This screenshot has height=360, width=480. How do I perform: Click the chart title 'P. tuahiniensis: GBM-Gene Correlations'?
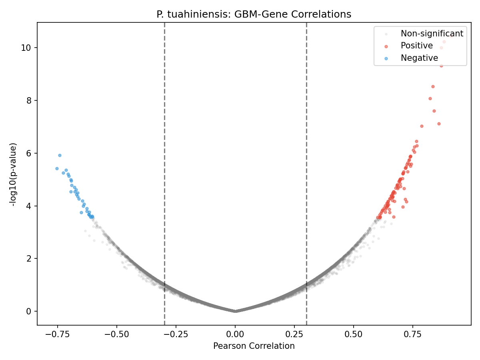pos(254,14)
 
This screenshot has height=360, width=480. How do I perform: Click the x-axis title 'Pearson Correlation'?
pos(254,346)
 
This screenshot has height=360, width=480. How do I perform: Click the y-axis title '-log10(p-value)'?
pos(14,174)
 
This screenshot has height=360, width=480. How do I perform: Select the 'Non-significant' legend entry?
pos(432,34)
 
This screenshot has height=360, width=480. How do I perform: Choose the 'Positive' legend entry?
pos(416,46)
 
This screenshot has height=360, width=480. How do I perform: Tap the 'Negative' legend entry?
pos(419,58)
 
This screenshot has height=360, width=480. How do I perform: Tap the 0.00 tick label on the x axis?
pos(235,334)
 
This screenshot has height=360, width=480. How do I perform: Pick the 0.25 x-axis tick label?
pos(294,334)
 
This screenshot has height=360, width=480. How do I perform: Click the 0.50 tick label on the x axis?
pos(354,334)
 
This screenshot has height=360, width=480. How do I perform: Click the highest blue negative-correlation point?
pos(60,155)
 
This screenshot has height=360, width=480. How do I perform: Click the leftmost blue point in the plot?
pos(57,168)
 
